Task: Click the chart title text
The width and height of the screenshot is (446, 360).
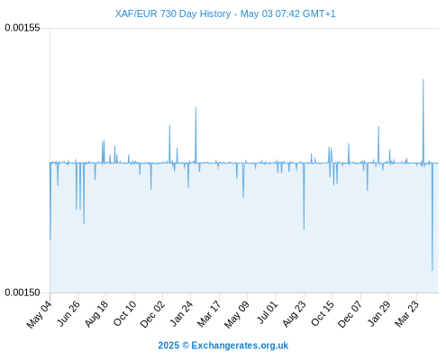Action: (x=225, y=13)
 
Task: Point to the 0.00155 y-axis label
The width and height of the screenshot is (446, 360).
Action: (x=23, y=28)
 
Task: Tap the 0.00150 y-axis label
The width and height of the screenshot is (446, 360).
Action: (x=23, y=292)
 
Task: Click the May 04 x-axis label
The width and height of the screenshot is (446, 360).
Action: (x=40, y=314)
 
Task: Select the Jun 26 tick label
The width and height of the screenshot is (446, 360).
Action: (x=68, y=313)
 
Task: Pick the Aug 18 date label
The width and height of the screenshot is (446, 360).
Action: (x=96, y=314)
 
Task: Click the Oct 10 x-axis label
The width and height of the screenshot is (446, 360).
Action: (x=124, y=313)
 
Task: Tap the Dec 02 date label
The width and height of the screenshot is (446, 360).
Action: (x=152, y=314)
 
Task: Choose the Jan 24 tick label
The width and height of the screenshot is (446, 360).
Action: (x=181, y=314)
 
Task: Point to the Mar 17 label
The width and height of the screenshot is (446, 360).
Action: (x=209, y=314)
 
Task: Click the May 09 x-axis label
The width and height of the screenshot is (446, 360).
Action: (x=237, y=314)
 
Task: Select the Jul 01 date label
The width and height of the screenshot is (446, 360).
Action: (x=267, y=313)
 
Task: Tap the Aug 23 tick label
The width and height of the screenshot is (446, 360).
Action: (x=294, y=314)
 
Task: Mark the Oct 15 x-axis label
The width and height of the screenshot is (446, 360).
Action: (x=323, y=313)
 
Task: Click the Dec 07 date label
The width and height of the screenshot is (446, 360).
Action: (x=350, y=314)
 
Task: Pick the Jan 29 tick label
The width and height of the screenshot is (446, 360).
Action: (x=379, y=314)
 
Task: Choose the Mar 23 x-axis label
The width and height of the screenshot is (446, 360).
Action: (x=406, y=314)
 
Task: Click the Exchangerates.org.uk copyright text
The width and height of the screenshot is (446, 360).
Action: (x=223, y=346)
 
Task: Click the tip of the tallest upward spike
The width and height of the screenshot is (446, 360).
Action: (x=423, y=79)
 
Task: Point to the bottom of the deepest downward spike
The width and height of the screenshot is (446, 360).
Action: (x=432, y=271)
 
